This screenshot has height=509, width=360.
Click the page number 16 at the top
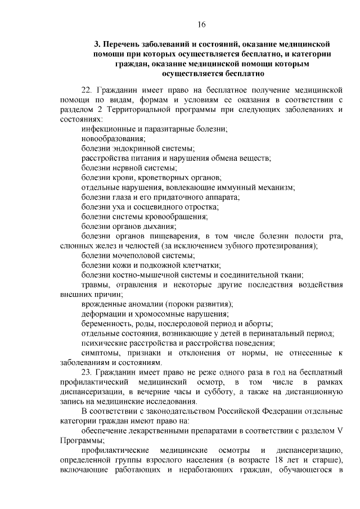pos(201,24)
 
